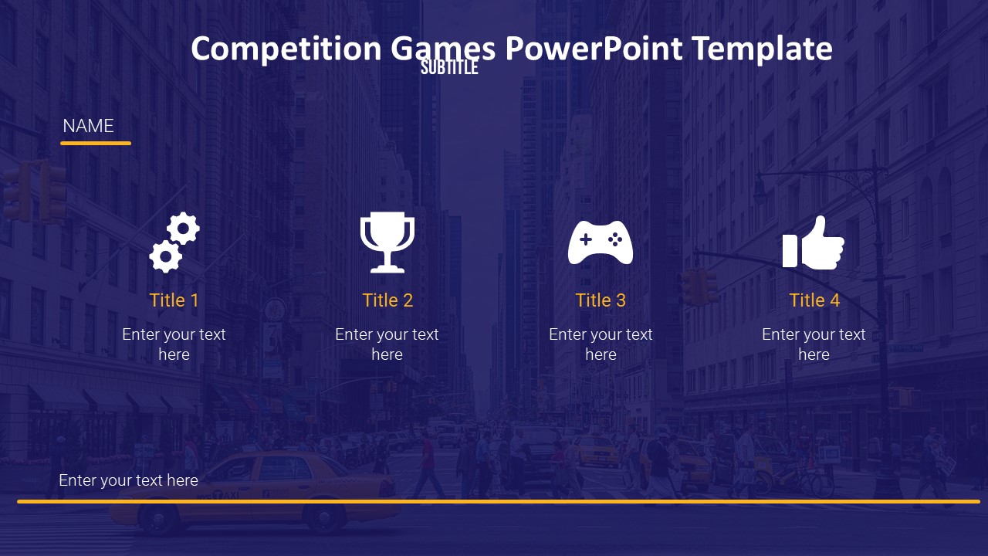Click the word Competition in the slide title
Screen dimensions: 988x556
286,49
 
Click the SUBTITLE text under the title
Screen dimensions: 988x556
449,67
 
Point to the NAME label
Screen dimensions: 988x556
88,126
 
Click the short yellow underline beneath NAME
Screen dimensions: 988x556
96,143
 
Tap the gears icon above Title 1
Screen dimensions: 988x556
174,242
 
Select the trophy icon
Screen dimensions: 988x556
387,242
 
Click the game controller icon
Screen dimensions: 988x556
601,242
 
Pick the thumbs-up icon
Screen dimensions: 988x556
814,242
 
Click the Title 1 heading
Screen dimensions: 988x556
174,300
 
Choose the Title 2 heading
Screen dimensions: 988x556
387,300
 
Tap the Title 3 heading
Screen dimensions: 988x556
601,300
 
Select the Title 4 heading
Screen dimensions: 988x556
814,300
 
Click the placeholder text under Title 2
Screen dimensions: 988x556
387,344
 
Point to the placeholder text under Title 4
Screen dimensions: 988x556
814,344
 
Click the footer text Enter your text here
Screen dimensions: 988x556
128,480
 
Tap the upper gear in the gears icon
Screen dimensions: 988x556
183,228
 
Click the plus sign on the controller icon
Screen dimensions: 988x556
586,239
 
